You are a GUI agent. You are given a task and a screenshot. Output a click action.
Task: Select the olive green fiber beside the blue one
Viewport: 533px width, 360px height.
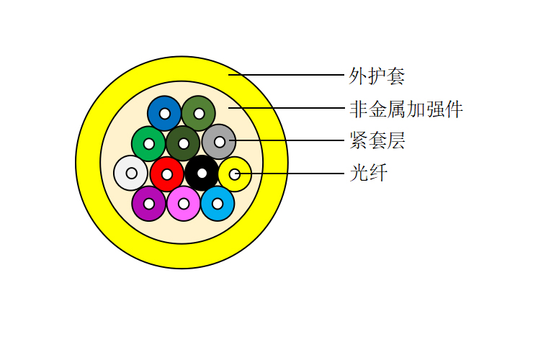click(199, 114)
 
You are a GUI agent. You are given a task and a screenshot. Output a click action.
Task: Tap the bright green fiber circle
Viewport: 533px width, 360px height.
click(149, 144)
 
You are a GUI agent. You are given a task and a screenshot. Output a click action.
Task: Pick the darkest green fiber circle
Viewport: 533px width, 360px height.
click(183, 144)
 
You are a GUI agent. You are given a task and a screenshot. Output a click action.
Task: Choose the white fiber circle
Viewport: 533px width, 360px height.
click(131, 174)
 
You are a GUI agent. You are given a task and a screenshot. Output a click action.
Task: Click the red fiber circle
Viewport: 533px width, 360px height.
click(167, 174)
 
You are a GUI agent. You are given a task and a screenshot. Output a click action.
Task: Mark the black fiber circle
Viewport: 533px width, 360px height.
click(202, 174)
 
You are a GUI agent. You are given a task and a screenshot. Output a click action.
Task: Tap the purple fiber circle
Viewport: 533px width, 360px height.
click(149, 204)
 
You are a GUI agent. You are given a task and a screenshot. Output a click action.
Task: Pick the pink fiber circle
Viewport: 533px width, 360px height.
click(184, 204)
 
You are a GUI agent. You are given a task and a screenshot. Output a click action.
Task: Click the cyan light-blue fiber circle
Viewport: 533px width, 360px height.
click(218, 204)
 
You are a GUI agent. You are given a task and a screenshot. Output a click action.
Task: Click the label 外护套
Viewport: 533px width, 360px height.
click(377, 76)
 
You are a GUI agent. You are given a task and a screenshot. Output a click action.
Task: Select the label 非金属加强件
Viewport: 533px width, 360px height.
click(406, 109)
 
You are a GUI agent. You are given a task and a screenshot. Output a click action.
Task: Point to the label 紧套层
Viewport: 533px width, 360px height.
click(377, 140)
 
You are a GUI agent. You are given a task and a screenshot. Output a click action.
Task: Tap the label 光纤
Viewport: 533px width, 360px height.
click(369, 173)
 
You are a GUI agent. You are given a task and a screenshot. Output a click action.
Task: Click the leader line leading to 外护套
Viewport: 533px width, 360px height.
click(286, 75)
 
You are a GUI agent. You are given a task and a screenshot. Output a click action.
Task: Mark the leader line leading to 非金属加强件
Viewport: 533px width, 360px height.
click(286, 108)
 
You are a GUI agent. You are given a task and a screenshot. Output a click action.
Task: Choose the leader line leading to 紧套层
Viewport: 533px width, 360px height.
click(287, 140)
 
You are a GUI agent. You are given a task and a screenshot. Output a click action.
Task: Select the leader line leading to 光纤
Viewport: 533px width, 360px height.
click(290, 174)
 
